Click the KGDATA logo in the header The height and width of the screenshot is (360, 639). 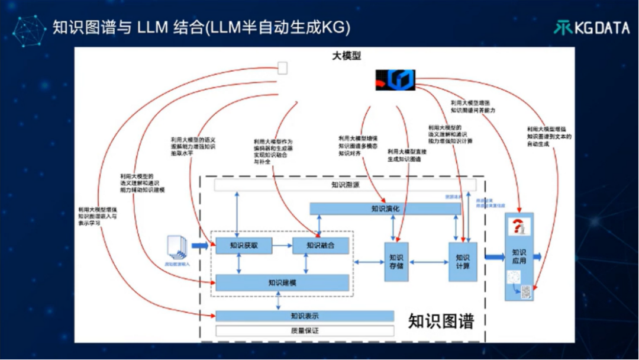point(591,27)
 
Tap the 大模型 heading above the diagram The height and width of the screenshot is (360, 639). point(346,56)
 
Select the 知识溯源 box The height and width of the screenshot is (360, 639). point(345,185)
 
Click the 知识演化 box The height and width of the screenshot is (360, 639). point(385,208)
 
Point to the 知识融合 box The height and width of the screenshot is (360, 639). point(320,245)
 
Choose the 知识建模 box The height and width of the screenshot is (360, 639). point(282,282)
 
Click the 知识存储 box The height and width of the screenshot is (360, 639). point(396,261)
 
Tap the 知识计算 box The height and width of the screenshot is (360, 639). point(462,261)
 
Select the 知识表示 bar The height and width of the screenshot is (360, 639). point(304,316)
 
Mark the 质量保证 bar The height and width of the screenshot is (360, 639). point(304,330)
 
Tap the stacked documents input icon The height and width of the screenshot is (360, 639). point(177,247)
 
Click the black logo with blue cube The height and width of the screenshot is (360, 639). point(395,79)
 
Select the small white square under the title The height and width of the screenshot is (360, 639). point(282,68)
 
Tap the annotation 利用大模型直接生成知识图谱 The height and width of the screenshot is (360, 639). point(407,156)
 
